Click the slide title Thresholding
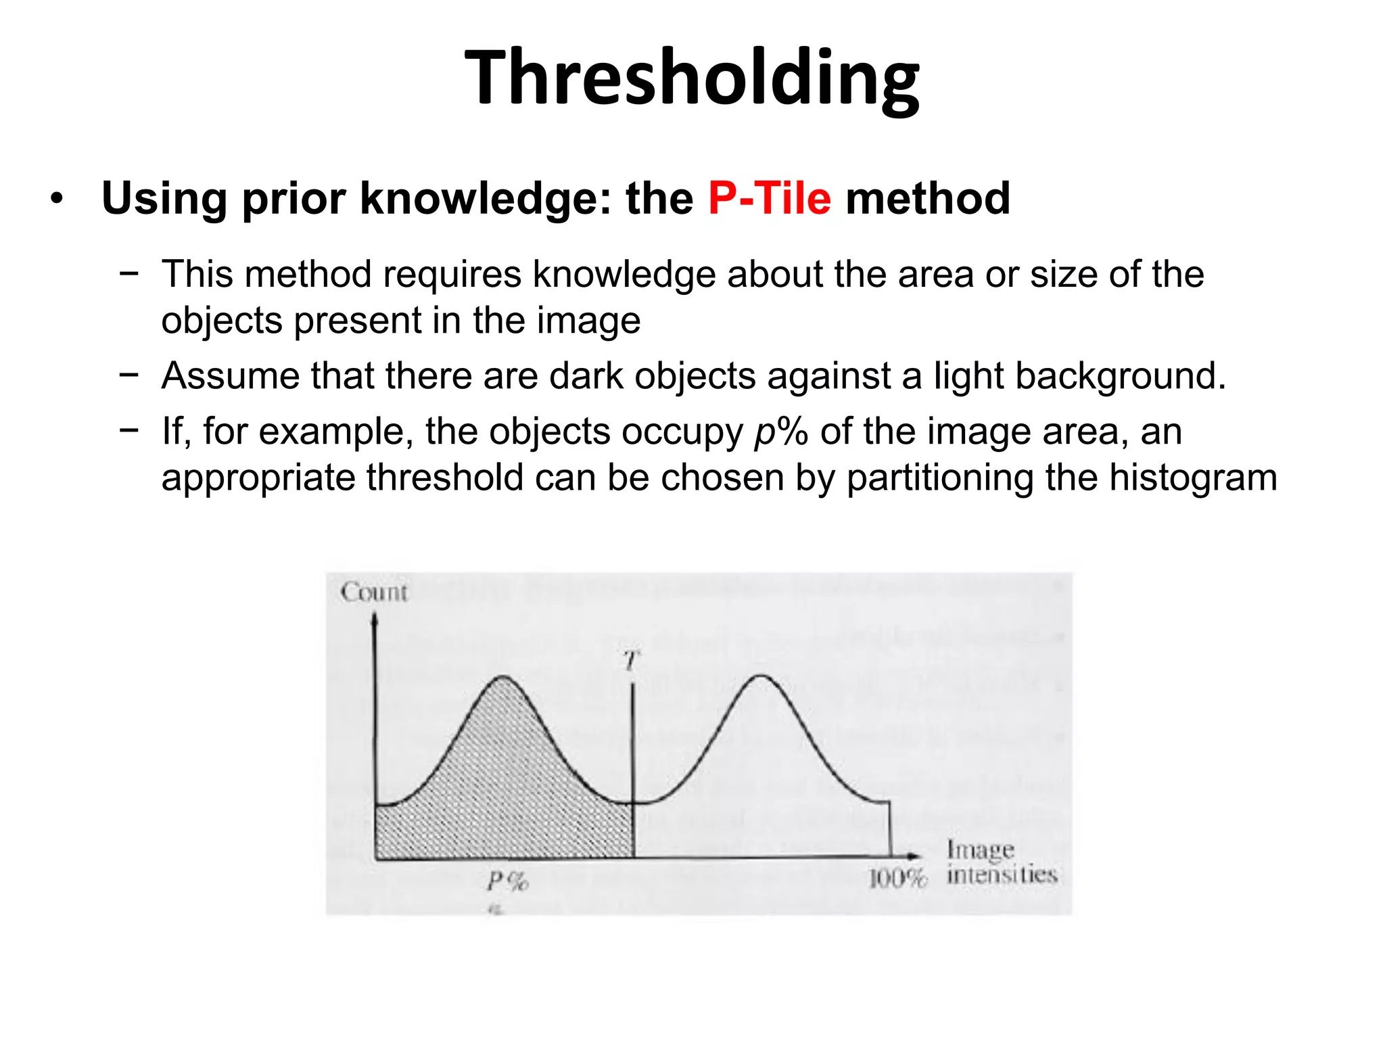691,78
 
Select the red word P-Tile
769,199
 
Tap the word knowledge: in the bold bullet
486,199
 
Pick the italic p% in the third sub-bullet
780,432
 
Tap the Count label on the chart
374,593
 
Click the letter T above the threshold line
632,660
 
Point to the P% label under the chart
507,881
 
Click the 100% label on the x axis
897,879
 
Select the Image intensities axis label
1001,862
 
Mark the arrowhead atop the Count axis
375,617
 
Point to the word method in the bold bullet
928,199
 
